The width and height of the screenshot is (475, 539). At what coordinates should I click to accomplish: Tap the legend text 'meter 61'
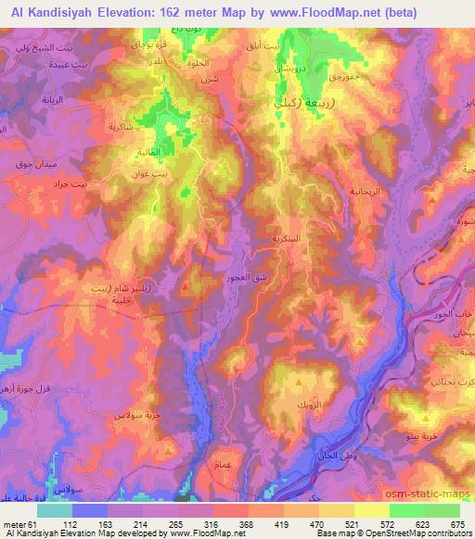click(x=19, y=523)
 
